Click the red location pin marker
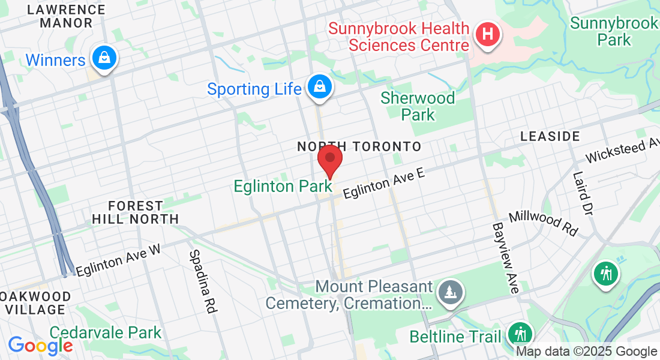[329, 160]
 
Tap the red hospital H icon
[487, 34]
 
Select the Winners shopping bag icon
[104, 58]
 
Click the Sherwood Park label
[418, 106]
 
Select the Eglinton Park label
[283, 187]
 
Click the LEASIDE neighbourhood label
[550, 137]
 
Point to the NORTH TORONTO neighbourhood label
[359, 146]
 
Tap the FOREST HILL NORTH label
[136, 212]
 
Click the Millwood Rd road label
[544, 223]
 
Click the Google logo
[40, 345]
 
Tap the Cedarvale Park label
[106, 332]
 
